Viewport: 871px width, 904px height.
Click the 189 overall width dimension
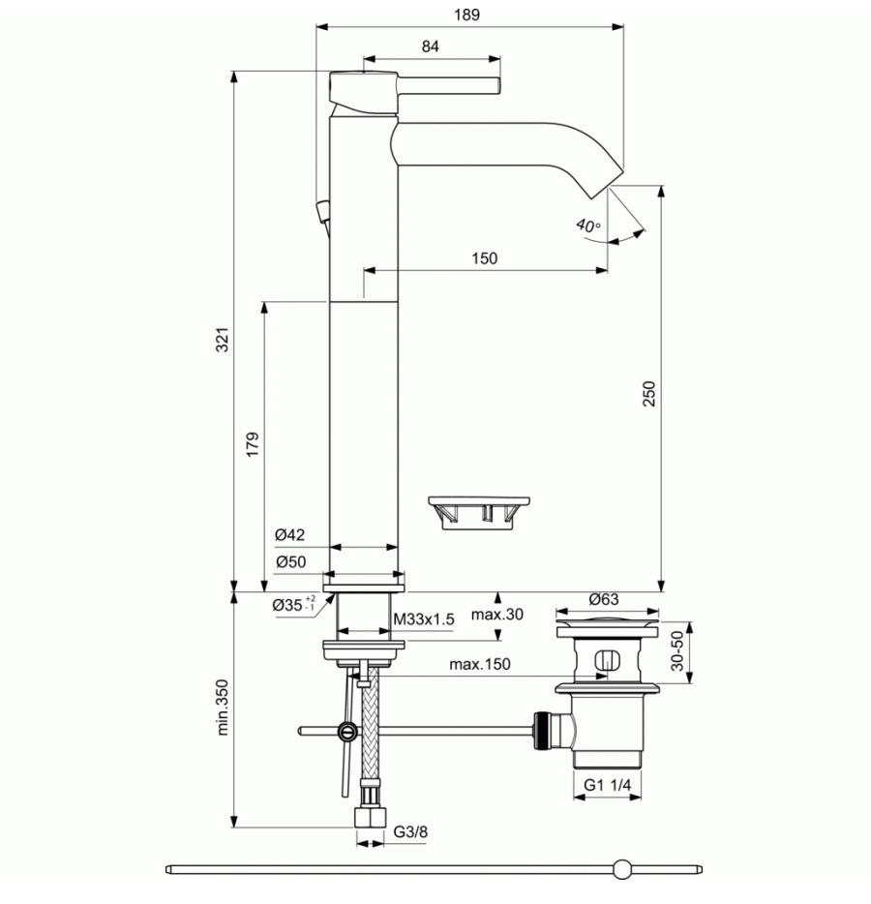coord(466,15)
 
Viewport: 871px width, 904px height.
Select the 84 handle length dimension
coord(430,46)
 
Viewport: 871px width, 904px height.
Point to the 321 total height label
coord(223,340)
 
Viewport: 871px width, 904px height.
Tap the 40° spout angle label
coord(588,226)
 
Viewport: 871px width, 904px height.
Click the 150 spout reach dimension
coord(484,258)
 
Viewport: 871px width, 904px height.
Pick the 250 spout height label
coord(649,394)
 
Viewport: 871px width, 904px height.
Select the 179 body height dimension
coord(253,444)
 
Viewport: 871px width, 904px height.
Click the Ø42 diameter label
coord(290,535)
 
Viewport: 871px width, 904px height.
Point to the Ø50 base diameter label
coord(290,561)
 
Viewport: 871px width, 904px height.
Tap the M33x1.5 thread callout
coord(424,619)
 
